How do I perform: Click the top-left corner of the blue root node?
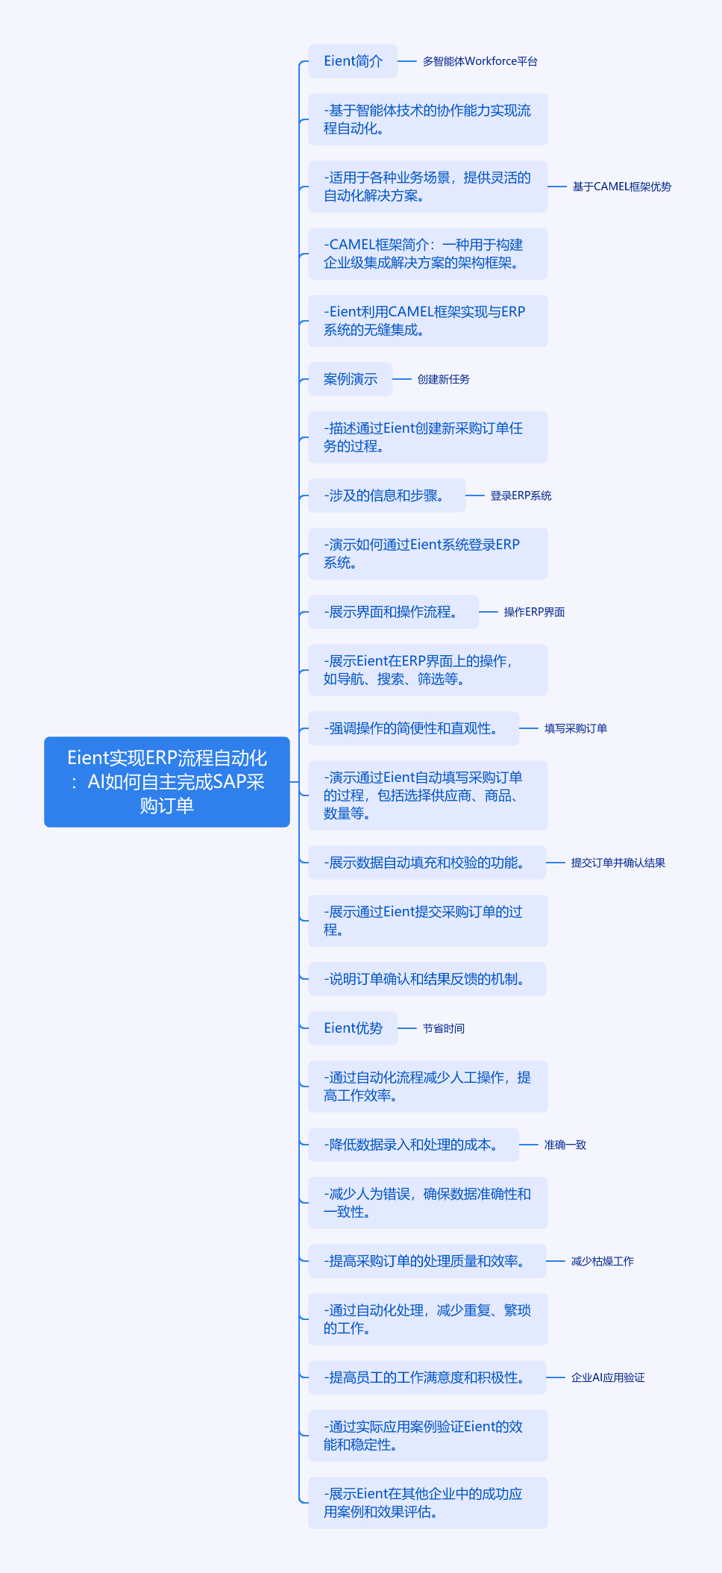[x=45, y=737]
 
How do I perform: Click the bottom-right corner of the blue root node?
[x=289, y=826]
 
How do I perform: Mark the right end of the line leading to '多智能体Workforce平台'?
[x=416, y=61]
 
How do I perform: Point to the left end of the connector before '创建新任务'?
[x=393, y=379]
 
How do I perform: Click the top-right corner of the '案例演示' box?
[x=392, y=363]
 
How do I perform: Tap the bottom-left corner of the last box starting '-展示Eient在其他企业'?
[x=309, y=1527]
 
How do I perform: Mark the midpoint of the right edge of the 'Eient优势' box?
[x=398, y=1028]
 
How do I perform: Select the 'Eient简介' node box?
[x=353, y=61]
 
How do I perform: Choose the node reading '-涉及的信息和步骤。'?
[x=387, y=495]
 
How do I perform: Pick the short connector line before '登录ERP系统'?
[x=475, y=495]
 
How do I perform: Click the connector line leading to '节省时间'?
[x=407, y=1028]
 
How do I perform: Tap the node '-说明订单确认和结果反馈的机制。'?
[x=427, y=979]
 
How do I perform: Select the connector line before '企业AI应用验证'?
[x=556, y=1377]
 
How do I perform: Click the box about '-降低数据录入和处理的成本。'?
[x=414, y=1145]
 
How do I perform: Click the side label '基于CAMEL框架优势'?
[x=622, y=187]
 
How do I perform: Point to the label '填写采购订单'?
[x=576, y=728]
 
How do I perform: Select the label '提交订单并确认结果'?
[x=618, y=863]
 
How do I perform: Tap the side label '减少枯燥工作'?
[x=603, y=1261]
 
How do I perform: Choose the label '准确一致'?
[x=565, y=1145]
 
